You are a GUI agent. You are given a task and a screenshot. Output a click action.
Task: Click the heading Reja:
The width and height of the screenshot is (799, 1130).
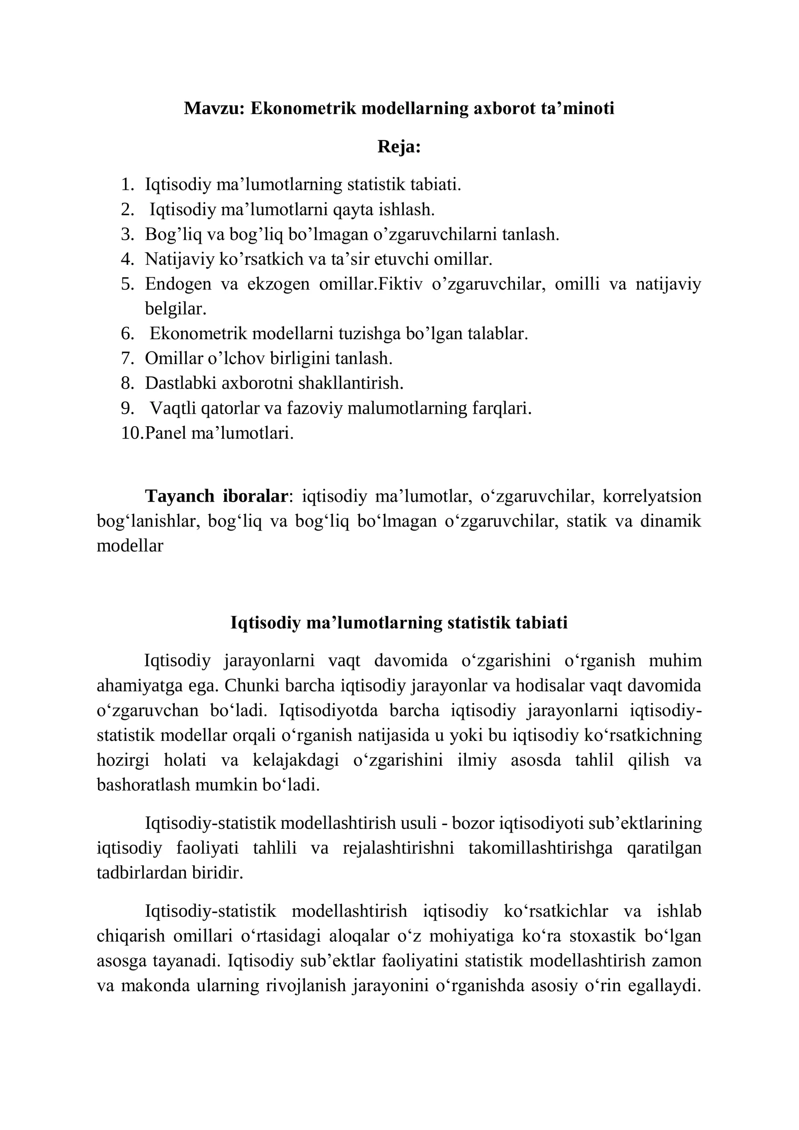coord(399,146)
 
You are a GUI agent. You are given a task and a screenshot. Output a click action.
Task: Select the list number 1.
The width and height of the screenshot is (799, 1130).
coord(127,184)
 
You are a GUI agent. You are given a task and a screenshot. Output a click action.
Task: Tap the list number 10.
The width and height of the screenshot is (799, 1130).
coord(131,433)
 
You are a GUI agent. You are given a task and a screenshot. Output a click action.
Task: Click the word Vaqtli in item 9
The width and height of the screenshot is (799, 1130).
coord(173,408)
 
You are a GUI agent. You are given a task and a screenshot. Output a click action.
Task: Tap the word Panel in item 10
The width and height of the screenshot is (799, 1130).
coord(165,433)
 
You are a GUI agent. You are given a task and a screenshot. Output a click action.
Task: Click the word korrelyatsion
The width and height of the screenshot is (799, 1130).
coord(652,496)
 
